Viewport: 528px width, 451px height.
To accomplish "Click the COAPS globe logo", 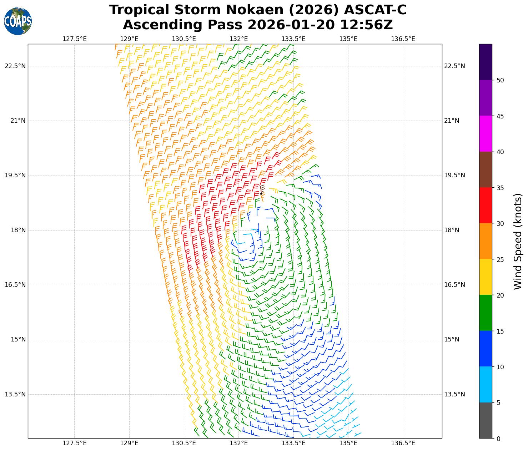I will tap(18, 21).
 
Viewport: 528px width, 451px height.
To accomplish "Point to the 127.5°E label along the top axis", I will tap(74, 39).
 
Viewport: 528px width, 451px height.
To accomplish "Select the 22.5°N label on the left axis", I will tap(15, 66).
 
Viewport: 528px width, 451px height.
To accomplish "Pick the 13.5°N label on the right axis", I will tap(454, 394).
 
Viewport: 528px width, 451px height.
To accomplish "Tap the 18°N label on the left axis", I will tap(18, 230).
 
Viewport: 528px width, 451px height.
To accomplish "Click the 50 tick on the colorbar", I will tap(500, 80).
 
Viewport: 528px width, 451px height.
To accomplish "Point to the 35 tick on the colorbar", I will tap(500, 188).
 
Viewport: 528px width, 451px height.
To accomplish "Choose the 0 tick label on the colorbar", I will tap(498, 439).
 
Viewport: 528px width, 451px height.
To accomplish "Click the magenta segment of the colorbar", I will tap(486, 134).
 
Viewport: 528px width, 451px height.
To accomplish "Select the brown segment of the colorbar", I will tap(486, 169).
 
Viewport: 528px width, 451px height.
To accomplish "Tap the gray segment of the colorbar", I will tap(486, 420).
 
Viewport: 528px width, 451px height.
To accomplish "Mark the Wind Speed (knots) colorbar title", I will tap(518, 242).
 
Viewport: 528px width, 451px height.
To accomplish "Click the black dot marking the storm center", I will tap(261, 194).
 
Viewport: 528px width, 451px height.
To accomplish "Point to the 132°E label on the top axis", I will tap(238, 39).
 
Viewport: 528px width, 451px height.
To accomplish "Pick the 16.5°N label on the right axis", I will tap(454, 285).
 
